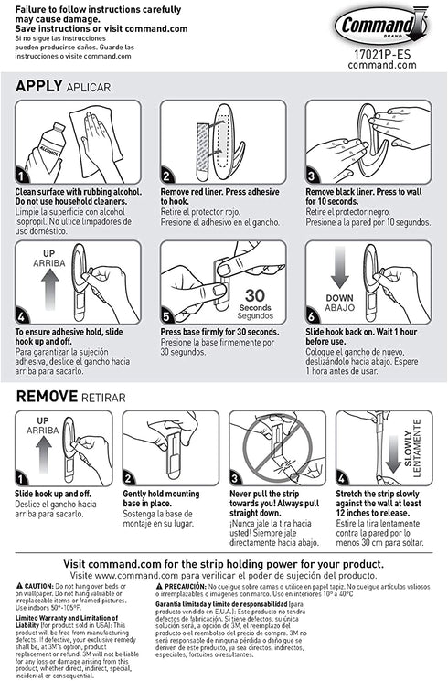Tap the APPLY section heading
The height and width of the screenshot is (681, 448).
38,86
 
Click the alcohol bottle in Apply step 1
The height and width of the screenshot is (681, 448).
41,146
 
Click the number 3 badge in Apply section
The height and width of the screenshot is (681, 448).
313,176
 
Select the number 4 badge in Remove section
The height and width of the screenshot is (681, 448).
342,477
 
